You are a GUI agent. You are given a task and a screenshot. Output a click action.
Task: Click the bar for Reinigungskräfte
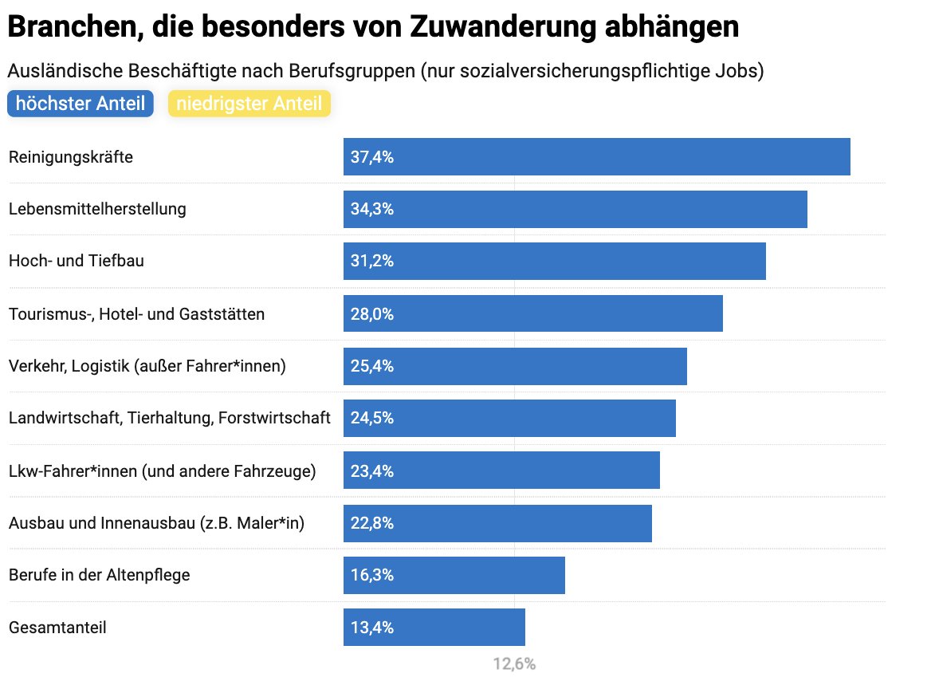[596, 156]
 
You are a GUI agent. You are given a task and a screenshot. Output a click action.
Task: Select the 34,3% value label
[372, 209]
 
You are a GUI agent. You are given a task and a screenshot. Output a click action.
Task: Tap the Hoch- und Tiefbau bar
[554, 261]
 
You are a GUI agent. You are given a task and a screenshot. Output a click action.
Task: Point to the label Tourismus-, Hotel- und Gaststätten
[136, 314]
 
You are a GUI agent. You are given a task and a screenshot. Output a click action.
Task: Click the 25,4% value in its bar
[372, 366]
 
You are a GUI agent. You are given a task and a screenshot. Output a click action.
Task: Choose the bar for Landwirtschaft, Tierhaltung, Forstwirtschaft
[509, 418]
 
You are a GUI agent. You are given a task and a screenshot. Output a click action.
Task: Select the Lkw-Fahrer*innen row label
[162, 471]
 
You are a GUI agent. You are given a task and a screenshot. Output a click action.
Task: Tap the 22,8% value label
[372, 523]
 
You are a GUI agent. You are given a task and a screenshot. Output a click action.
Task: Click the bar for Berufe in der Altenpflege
[454, 575]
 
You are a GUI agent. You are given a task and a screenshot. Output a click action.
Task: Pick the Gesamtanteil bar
[434, 627]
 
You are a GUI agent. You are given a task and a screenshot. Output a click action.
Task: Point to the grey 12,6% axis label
[514, 663]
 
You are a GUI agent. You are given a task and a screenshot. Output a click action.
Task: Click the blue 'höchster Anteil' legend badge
[80, 104]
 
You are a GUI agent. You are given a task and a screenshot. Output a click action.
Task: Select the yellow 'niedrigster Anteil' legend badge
[249, 104]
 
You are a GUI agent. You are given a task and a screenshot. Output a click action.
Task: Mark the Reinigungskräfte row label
[70, 157]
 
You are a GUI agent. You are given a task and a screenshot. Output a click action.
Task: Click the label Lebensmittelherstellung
[97, 209]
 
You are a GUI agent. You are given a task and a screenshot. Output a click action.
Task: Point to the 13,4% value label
[372, 628]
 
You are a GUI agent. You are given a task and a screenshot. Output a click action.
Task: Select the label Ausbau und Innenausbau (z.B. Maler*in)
[156, 523]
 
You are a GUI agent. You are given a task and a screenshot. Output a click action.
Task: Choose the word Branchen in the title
[66, 28]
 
